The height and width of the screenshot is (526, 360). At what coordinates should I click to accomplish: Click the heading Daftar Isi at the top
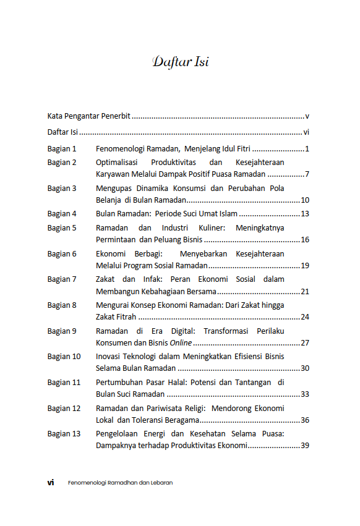[x=180, y=62]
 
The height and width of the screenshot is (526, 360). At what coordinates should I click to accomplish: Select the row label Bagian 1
[x=62, y=149]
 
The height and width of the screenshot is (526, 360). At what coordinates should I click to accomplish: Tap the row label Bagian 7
[x=62, y=279]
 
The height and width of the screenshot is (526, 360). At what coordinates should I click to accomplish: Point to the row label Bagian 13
[x=64, y=433]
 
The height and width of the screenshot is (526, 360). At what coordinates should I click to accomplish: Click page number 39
[x=304, y=445]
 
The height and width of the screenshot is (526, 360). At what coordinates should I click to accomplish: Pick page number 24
[x=304, y=316]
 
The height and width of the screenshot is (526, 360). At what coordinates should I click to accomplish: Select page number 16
[x=304, y=239]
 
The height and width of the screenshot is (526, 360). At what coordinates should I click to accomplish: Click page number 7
[x=307, y=174]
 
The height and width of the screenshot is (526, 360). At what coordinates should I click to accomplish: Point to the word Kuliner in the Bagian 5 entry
[x=209, y=227]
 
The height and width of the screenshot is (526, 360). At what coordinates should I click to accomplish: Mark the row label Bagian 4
[x=62, y=214]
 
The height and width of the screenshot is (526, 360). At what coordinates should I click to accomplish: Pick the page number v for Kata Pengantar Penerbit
[x=307, y=116]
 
